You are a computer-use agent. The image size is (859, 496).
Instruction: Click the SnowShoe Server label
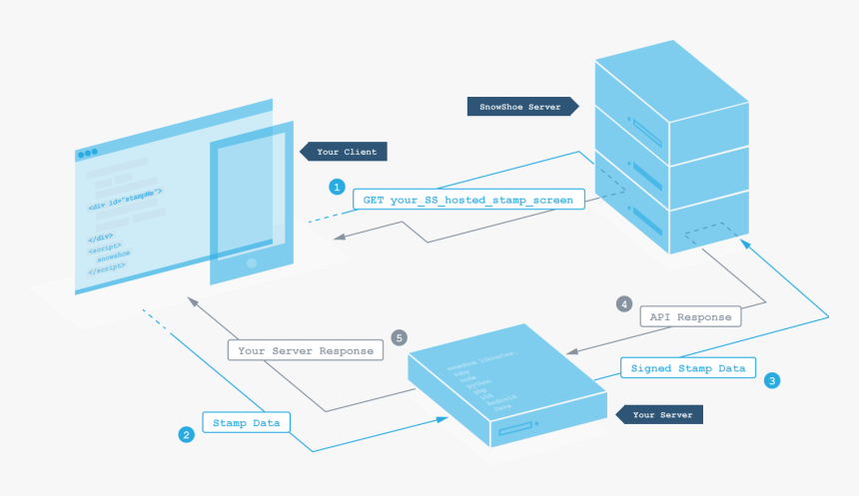(519, 106)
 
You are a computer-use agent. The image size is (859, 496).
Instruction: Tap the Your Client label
(346, 152)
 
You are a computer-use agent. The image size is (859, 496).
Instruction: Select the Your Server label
(660, 414)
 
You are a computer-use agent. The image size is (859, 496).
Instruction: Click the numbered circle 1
(337, 187)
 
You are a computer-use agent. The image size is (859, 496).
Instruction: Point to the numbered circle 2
(186, 435)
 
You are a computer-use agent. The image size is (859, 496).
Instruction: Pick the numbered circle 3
(772, 379)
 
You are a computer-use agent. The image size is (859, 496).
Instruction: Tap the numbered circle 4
(624, 303)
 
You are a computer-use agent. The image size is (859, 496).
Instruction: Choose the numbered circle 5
(400, 337)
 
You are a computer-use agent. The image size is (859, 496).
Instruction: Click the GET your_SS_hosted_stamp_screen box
(467, 200)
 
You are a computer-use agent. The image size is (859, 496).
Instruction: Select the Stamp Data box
(247, 423)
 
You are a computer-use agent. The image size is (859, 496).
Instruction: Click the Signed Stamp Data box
(688, 368)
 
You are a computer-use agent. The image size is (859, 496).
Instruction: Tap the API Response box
(690, 317)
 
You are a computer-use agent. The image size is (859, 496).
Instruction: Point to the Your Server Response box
(306, 350)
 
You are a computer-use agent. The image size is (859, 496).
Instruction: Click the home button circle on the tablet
(250, 263)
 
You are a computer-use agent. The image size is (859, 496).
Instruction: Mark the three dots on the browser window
(88, 154)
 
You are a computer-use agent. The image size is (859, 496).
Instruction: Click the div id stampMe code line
(125, 197)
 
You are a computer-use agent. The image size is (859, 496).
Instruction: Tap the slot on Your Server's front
(515, 428)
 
